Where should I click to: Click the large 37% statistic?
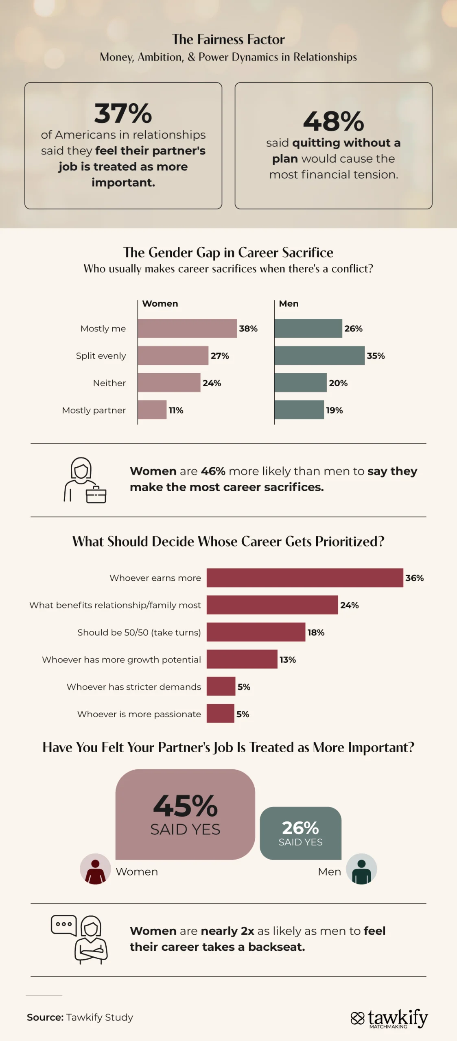click(123, 113)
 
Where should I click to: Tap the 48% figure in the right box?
click(333, 121)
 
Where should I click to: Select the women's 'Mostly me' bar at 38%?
click(187, 328)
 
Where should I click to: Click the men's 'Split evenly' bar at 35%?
click(319, 355)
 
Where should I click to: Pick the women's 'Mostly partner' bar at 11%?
click(152, 409)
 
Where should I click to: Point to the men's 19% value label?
click(334, 410)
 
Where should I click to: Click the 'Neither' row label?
click(109, 383)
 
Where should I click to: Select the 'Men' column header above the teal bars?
click(289, 303)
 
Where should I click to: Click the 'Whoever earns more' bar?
click(304, 577)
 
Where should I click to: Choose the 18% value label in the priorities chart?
click(316, 632)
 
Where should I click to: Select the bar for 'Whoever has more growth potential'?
click(242, 659)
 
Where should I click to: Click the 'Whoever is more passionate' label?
click(139, 714)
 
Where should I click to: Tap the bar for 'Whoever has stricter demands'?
click(221, 686)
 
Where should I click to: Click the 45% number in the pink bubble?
click(186, 806)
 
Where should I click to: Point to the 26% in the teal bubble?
click(300, 828)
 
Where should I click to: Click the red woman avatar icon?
click(95, 869)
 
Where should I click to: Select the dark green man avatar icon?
click(361, 869)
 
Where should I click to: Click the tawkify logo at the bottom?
click(389, 1018)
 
